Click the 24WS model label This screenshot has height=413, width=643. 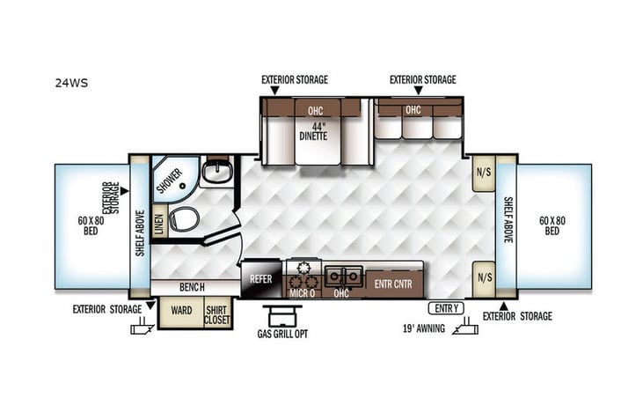tap(71, 85)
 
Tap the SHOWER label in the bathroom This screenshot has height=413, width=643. tap(169, 181)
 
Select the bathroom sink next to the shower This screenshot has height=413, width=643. tap(216, 172)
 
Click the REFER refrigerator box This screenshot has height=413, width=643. tap(261, 279)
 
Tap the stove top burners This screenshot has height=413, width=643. tap(303, 268)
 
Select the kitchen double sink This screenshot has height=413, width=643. tap(343, 277)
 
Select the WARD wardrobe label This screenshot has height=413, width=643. tap(181, 311)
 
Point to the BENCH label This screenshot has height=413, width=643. tap(191, 288)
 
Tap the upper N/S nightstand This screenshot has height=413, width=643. tap(483, 173)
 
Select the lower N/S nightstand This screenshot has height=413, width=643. tap(483, 277)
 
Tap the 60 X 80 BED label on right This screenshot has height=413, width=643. tap(551, 225)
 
